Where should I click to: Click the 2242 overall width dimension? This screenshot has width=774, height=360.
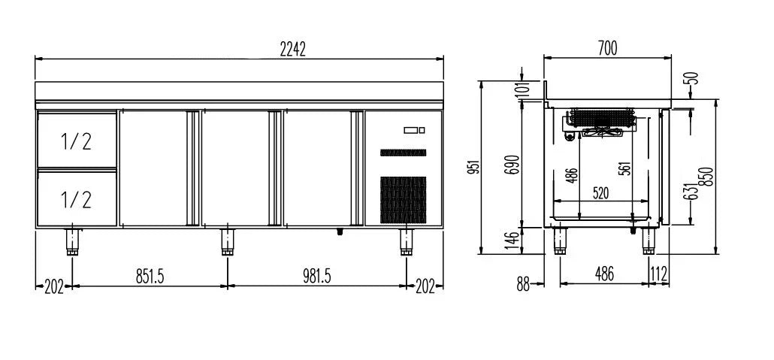[x=293, y=50]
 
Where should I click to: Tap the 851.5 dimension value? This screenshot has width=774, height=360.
[x=150, y=277]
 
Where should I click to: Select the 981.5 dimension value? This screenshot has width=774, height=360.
[x=317, y=277]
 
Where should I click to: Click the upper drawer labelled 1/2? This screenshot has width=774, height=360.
[x=77, y=141]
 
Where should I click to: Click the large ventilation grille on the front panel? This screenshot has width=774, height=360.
[x=403, y=199]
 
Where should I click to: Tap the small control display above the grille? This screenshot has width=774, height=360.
[x=414, y=130]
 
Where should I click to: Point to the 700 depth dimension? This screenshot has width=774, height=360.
[x=607, y=48]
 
